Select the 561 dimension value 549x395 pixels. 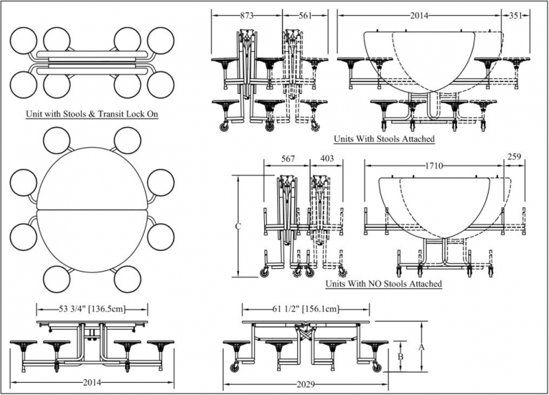pyautogui.click(x=301, y=14)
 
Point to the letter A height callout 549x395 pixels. pyautogui.click(x=422, y=346)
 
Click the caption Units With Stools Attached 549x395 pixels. pyautogui.click(x=384, y=139)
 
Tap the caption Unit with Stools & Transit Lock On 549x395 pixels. pyautogui.click(x=92, y=114)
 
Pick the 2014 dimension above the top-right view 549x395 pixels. pyautogui.click(x=420, y=14)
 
